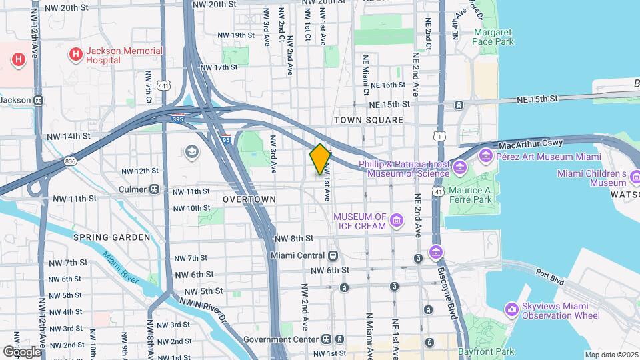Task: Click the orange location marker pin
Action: [x=320, y=159]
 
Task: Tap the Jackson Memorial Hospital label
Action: [x=124, y=55]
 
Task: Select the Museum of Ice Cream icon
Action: [x=397, y=221]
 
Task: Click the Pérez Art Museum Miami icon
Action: [x=485, y=157]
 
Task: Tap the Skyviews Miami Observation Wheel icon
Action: [x=511, y=309]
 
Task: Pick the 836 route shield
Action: [x=71, y=162]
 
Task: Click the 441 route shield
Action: [x=163, y=67]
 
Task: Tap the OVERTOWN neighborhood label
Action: [x=249, y=199]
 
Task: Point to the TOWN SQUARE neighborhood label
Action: [x=369, y=120]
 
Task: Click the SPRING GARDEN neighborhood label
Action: [x=112, y=237]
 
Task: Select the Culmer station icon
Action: [x=155, y=189]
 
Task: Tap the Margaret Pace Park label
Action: [x=493, y=37]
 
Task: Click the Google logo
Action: [x=21, y=351]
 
